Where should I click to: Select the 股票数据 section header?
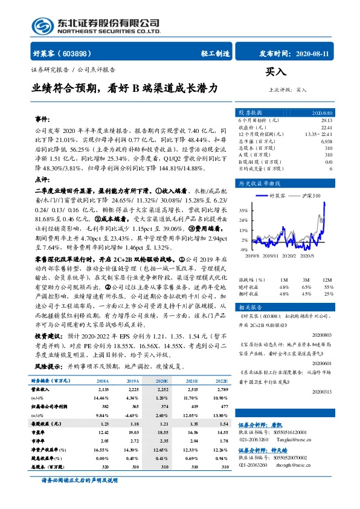251,112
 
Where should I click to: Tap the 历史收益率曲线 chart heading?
260,183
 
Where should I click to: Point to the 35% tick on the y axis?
243,210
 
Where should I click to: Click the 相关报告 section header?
251,306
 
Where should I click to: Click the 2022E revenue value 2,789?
221,391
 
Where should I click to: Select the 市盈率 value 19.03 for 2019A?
133,433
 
